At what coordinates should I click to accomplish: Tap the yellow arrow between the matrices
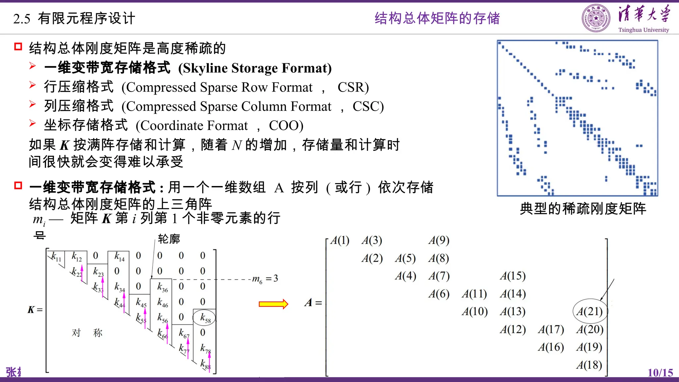(274, 304)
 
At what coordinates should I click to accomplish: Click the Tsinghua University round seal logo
(596, 18)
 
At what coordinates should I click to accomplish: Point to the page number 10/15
(660, 373)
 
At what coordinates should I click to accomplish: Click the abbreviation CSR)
(353, 87)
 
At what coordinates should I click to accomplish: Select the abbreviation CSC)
(368, 106)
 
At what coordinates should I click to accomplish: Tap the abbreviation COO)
(286, 126)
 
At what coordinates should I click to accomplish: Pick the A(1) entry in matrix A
(340, 240)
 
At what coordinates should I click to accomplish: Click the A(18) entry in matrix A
(589, 365)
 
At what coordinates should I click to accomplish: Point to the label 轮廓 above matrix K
(169, 239)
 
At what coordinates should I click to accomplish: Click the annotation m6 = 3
(265, 279)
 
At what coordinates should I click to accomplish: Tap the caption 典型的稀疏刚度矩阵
(583, 209)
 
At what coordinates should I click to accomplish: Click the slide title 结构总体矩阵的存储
(437, 18)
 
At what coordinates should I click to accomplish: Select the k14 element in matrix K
(119, 256)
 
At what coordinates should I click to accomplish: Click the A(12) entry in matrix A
(513, 329)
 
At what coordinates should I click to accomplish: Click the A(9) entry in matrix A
(439, 240)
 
